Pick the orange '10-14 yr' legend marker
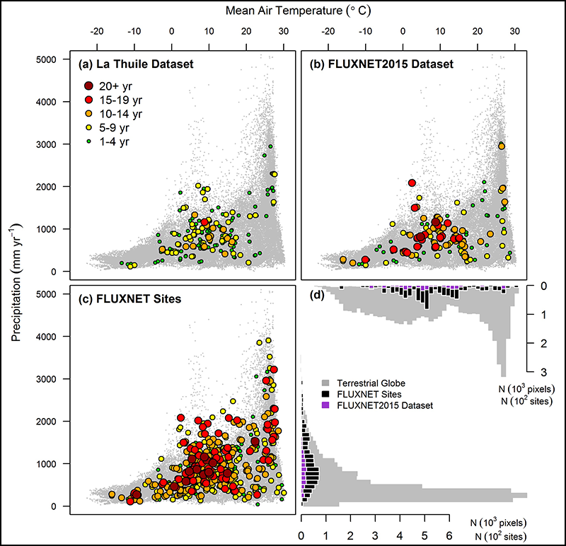89,113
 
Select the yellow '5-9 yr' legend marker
89,128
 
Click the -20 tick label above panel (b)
328,31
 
